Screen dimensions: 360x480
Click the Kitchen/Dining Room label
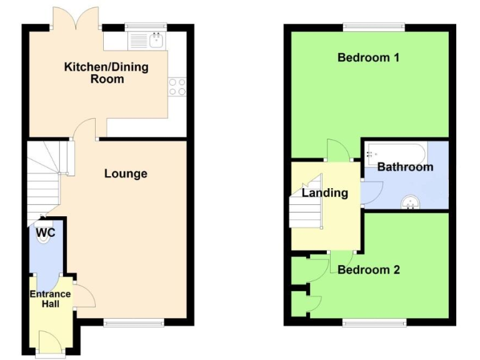[x=106, y=72]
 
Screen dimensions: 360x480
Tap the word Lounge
[x=126, y=174]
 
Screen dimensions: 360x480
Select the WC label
[x=46, y=233]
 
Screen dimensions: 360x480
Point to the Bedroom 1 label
[x=368, y=58]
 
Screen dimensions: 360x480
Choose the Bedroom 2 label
[x=369, y=270]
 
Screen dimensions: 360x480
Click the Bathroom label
[x=405, y=167]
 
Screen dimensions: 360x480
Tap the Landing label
[x=324, y=193]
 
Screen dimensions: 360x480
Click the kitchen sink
[x=156, y=41]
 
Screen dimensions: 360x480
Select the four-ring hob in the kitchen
[x=177, y=86]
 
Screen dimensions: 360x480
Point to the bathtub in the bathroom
[x=397, y=152]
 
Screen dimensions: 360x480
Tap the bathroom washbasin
[x=411, y=201]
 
